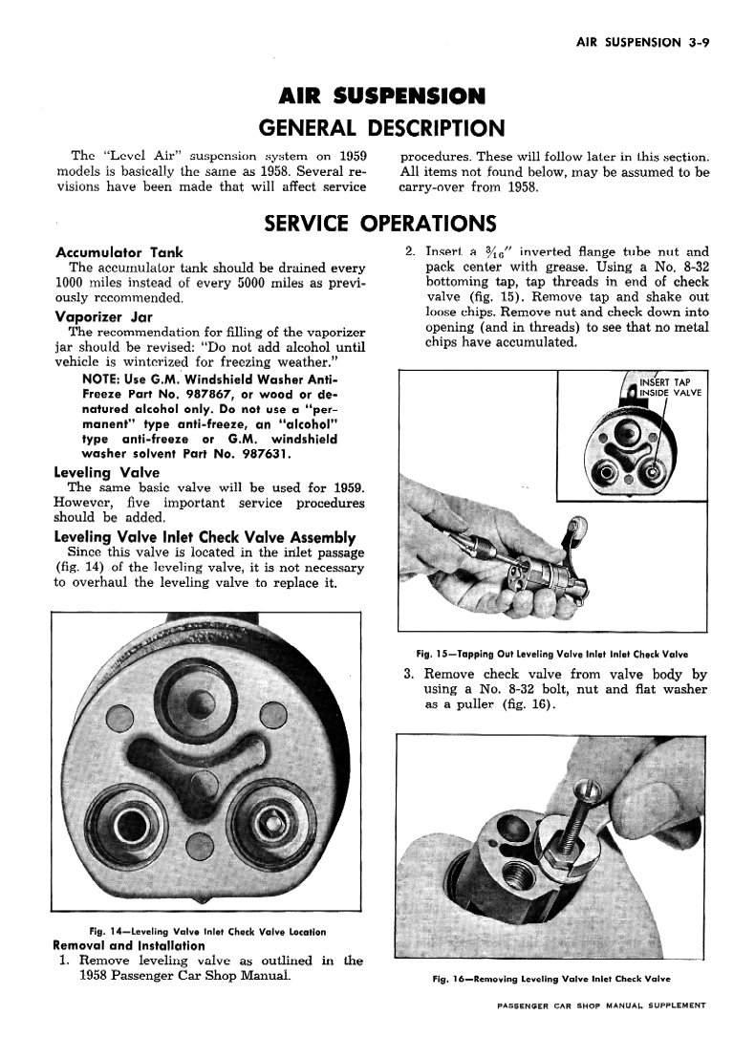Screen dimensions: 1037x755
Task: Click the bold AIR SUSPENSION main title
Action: (x=381, y=97)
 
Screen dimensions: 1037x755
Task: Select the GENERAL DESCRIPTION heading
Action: (x=381, y=128)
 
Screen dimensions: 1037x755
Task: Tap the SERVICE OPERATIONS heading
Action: (x=379, y=224)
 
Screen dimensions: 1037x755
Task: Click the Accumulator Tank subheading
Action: (x=119, y=252)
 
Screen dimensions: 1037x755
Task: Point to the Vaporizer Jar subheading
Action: (x=105, y=315)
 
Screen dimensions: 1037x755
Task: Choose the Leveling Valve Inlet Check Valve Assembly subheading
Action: (x=205, y=537)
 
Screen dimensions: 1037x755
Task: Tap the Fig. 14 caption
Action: (x=206, y=932)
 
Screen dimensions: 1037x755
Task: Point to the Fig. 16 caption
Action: (x=551, y=979)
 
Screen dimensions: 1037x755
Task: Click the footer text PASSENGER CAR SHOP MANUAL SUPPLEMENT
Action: (x=602, y=1005)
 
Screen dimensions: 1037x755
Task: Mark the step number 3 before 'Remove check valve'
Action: (x=406, y=674)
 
